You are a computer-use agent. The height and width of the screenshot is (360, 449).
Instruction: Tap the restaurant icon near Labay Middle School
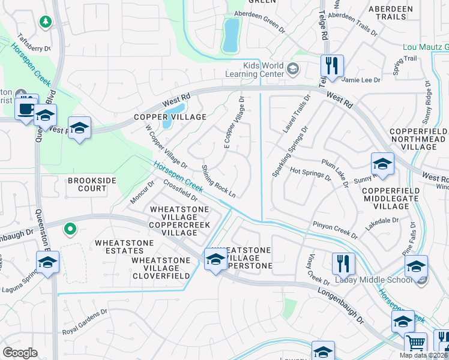click(343, 263)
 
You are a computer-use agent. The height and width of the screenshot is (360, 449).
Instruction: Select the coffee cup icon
click(26, 108)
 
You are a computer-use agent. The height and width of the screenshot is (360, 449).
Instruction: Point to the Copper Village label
click(170, 116)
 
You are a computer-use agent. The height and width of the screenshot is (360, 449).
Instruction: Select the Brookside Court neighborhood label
click(88, 184)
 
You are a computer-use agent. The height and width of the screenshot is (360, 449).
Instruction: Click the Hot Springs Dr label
click(310, 174)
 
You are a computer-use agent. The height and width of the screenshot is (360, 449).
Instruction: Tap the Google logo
click(20, 353)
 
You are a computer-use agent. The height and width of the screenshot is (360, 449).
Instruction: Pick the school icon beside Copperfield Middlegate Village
click(382, 164)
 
